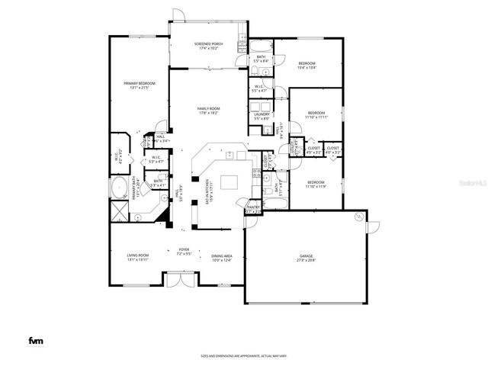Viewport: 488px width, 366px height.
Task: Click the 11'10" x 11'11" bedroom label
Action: click(316, 115)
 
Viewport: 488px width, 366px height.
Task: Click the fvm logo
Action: click(35, 340)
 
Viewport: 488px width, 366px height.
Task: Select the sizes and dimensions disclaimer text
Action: click(243, 355)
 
